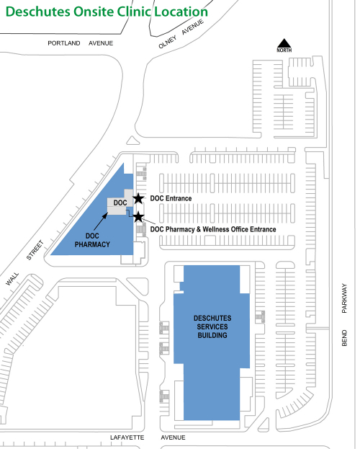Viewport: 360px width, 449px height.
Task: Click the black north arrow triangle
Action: point(284,43)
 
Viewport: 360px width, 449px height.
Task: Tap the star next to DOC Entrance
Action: point(138,198)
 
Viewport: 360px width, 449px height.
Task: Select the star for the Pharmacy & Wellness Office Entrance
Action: point(138,217)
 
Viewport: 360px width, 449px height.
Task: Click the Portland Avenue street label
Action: point(80,43)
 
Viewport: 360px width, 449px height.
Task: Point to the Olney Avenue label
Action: point(181,34)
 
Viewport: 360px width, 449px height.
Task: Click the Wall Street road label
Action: point(24,263)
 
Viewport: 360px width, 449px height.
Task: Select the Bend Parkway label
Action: point(344,315)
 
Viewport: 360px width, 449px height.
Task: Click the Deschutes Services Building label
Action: point(212,326)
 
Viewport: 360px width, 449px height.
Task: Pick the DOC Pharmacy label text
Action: point(92,240)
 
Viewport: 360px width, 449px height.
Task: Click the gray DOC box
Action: point(120,203)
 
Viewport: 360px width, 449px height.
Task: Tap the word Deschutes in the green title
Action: point(37,12)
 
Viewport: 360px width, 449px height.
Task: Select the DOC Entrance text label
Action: point(171,198)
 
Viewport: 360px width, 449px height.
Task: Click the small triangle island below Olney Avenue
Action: point(132,141)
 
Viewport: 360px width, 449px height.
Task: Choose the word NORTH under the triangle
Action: point(284,50)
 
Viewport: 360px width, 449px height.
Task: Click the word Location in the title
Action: point(181,12)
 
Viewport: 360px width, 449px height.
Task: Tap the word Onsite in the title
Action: point(94,12)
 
